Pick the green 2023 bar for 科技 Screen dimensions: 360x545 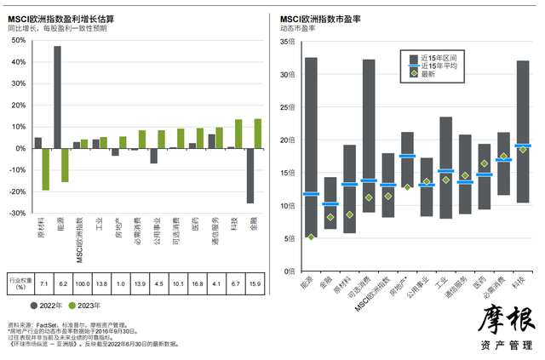238,134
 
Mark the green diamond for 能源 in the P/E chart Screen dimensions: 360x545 311,237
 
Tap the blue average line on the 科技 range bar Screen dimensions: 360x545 522,146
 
